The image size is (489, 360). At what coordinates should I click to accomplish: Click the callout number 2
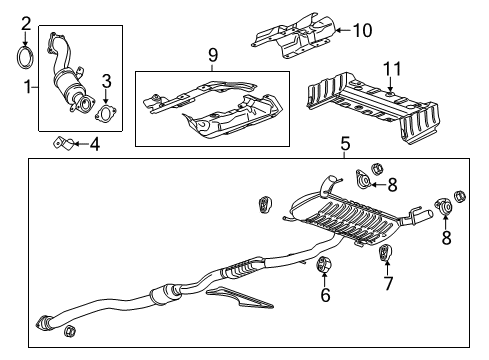pos(26,24)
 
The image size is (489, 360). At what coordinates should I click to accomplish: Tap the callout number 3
pos(106,81)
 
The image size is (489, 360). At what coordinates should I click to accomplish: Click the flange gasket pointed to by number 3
pos(106,113)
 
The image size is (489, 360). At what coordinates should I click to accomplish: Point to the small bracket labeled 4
pos(64,144)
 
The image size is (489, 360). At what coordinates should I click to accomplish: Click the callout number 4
pos(94,144)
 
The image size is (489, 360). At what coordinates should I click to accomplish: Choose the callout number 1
pos(29,87)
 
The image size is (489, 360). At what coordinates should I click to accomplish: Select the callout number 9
pos(213,55)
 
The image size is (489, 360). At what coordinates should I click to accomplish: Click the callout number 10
pos(362,30)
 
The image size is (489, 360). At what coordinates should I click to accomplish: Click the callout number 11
pos(392,69)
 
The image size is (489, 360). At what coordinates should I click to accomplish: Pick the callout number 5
pos(346,144)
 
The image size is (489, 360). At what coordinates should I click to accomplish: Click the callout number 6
pos(325,295)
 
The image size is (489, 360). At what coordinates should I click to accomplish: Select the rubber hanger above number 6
pos(323,264)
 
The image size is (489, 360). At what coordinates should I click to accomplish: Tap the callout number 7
pos(388,284)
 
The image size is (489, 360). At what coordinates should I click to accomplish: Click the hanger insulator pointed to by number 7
pos(386,253)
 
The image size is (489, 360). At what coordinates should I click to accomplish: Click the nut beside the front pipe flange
pos(69,330)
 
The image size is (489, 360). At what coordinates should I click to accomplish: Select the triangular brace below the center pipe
pos(239,298)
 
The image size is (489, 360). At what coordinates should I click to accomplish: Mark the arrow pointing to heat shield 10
pos(343,30)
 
